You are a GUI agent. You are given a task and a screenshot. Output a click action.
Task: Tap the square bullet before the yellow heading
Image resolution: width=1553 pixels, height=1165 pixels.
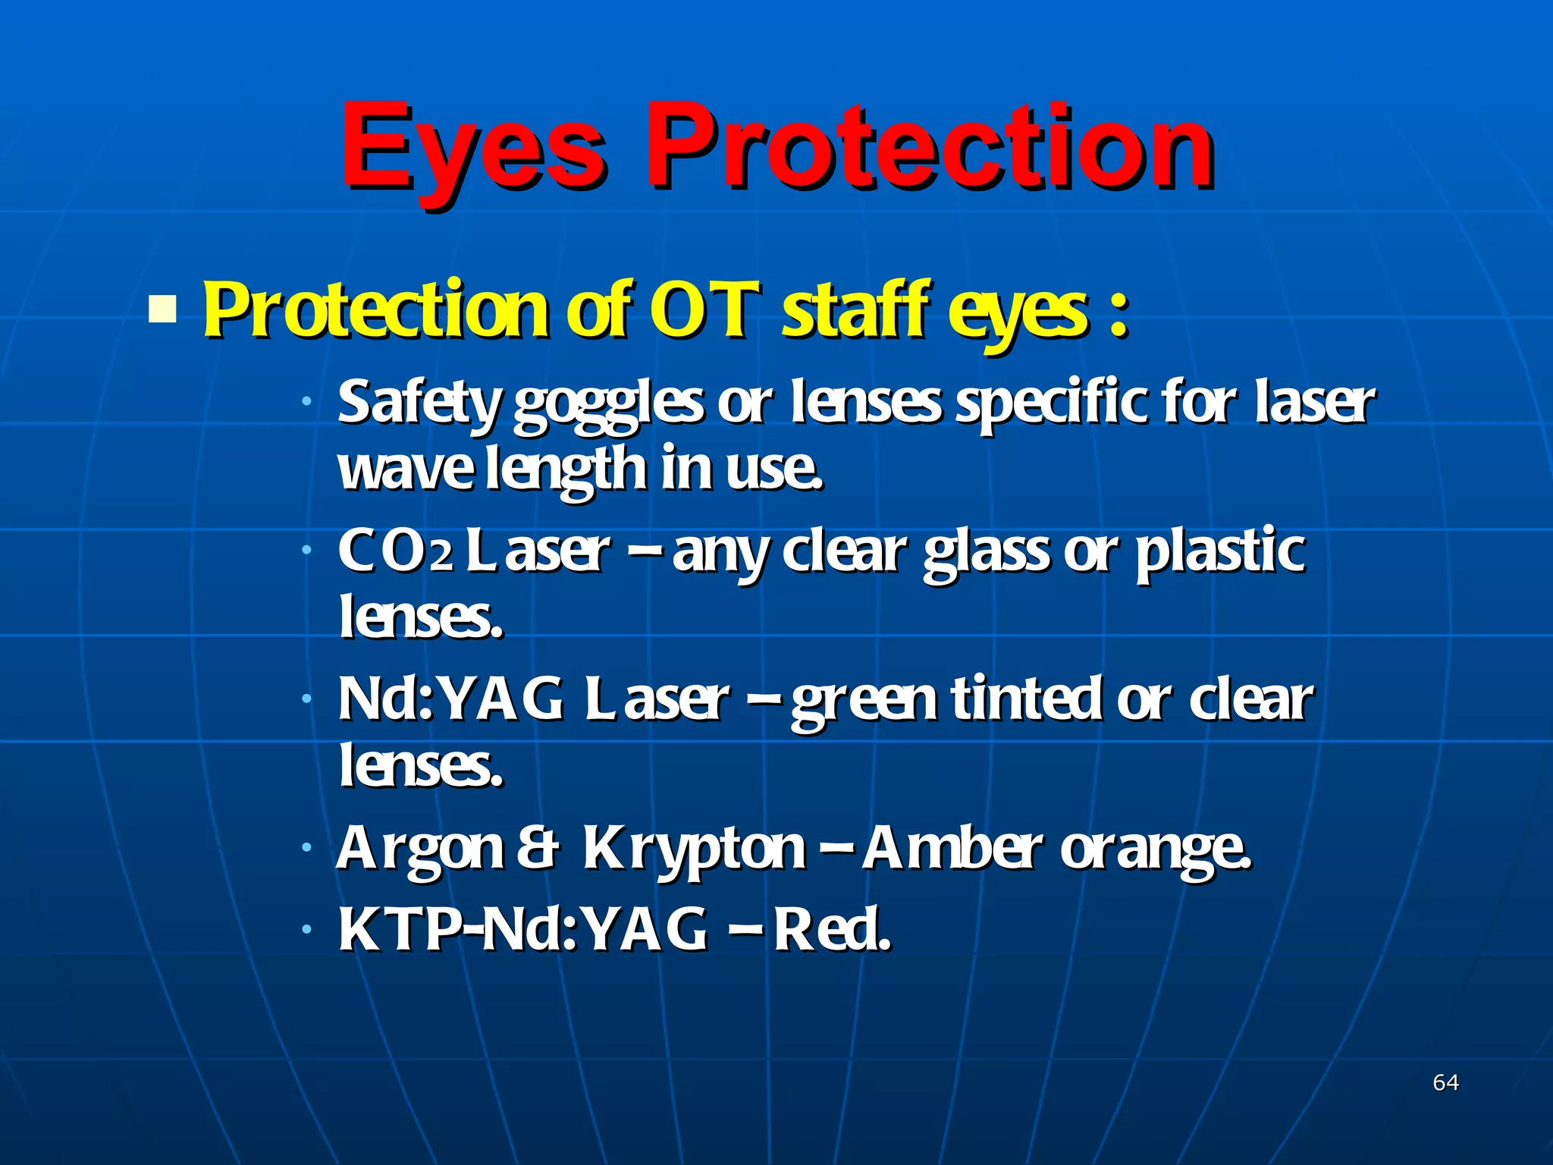162,309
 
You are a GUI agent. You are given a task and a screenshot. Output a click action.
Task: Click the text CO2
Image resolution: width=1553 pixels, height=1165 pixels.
395,551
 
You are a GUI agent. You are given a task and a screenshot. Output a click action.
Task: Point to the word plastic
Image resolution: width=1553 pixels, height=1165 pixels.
1220,551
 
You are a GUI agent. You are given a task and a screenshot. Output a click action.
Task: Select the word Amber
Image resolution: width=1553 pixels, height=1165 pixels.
952,847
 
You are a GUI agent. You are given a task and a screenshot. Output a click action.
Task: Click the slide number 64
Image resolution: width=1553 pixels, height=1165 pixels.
1445,1082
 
